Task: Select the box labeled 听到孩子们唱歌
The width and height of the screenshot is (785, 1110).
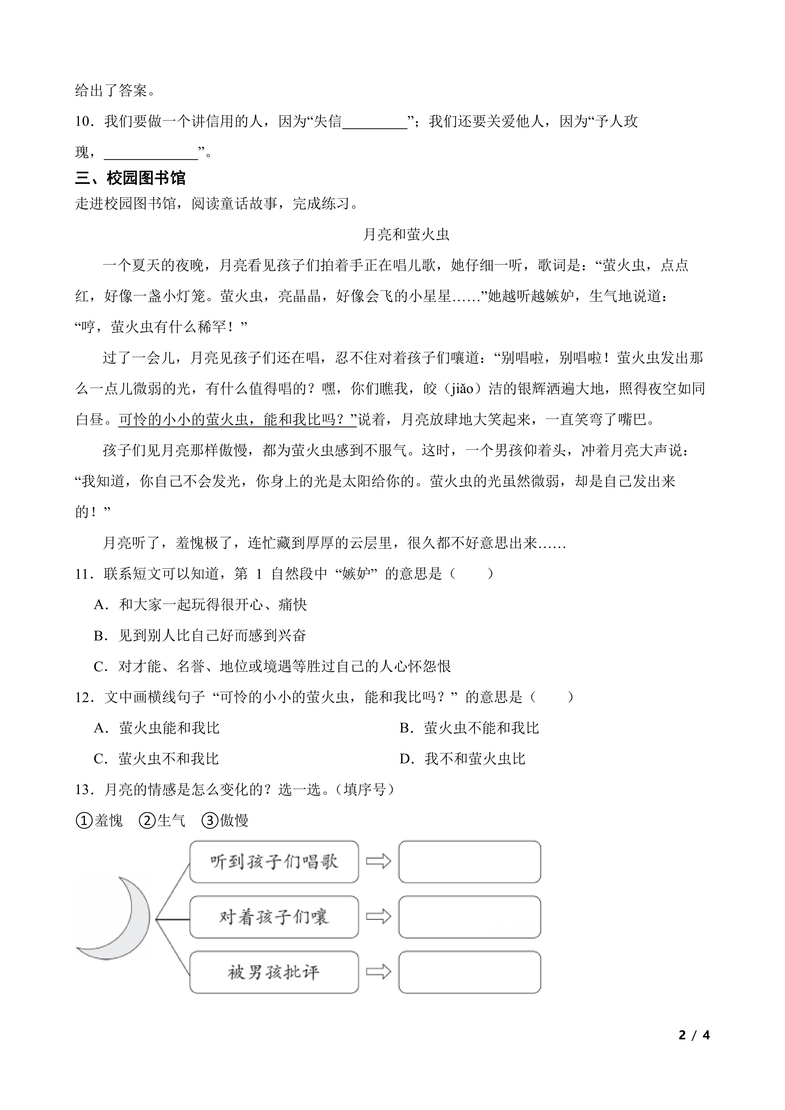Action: (274, 862)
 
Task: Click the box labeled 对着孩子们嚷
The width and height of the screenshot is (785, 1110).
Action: (274, 917)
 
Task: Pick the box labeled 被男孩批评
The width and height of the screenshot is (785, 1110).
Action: (274, 972)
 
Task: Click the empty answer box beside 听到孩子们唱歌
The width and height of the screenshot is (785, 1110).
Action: (469, 862)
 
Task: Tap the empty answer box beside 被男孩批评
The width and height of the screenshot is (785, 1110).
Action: (469, 972)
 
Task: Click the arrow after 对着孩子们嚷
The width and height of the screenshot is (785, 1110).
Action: (378, 917)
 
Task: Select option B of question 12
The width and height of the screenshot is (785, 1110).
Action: (469, 728)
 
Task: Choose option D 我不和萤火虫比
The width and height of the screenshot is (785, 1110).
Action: (463, 759)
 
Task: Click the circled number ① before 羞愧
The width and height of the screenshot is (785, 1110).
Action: (84, 821)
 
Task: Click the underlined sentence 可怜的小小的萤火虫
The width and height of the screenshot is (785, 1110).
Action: (237, 420)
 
